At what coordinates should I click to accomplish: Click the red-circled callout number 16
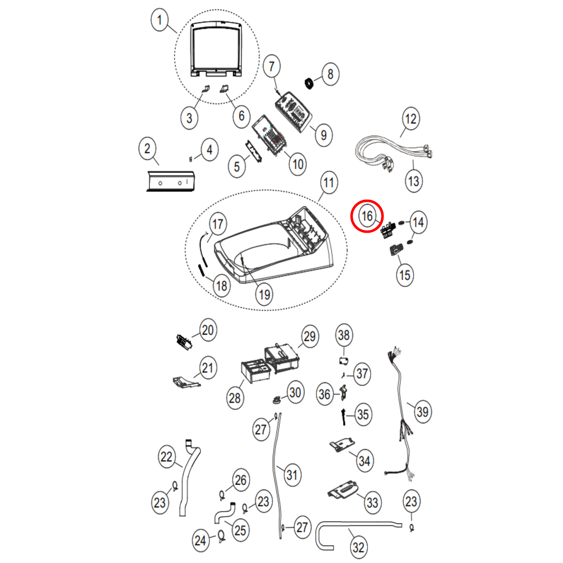(367, 216)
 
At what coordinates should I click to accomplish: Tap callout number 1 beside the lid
(159, 20)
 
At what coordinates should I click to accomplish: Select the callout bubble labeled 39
(422, 412)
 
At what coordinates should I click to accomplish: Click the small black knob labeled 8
(309, 83)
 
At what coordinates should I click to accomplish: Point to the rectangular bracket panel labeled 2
(170, 181)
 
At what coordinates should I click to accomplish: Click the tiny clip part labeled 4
(191, 159)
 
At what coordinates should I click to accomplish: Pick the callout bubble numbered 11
(329, 183)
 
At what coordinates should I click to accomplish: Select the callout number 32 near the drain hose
(358, 547)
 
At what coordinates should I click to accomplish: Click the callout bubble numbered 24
(200, 540)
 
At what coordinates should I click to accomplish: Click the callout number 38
(344, 335)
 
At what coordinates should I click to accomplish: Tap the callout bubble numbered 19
(265, 295)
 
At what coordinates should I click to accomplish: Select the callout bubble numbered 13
(413, 181)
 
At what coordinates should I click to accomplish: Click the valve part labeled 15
(395, 251)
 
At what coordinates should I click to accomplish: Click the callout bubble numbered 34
(364, 461)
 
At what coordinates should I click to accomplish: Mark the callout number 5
(237, 167)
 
